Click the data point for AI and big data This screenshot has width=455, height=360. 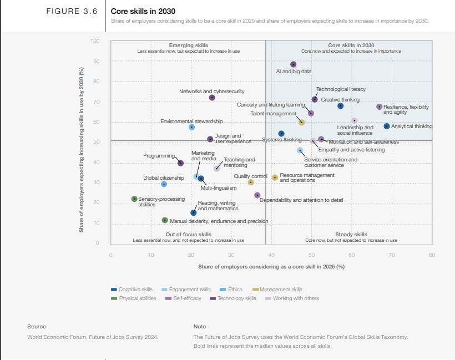click(x=294, y=64)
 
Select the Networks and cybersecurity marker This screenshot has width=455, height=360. click(x=212, y=98)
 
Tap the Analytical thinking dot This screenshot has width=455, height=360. click(x=387, y=126)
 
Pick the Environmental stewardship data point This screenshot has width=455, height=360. click(x=192, y=127)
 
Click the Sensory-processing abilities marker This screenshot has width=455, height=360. click(x=134, y=199)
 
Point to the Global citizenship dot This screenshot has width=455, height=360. click(x=164, y=184)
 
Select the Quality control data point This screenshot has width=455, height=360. click(x=251, y=182)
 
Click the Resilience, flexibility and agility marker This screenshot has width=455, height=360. click(x=380, y=107)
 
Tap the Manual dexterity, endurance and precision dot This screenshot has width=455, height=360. click(x=165, y=220)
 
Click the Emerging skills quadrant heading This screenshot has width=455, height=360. click(x=189, y=45)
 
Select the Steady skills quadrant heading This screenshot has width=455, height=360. click(x=351, y=235)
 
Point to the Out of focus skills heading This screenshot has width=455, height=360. click(x=189, y=235)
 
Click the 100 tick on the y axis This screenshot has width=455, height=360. click(x=95, y=41)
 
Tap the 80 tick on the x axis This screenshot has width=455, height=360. click(x=432, y=255)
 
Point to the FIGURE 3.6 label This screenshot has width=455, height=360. click(x=75, y=11)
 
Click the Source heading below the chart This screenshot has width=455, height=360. click(x=37, y=327)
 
